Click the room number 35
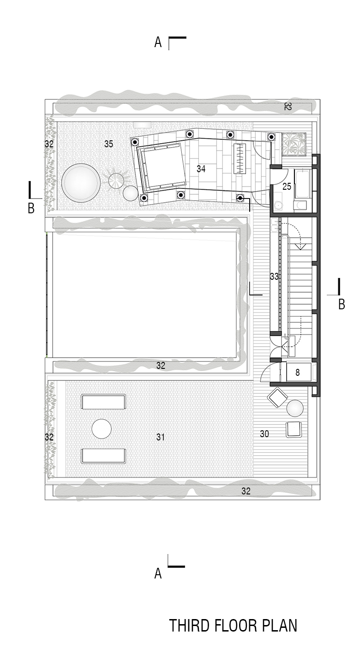[x=108, y=144]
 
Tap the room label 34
[x=201, y=169]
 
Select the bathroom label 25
[x=287, y=187]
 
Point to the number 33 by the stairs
[x=274, y=277]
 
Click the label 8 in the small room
[x=297, y=372]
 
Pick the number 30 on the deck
[x=264, y=434]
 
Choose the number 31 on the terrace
[x=161, y=437]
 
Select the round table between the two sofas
[x=102, y=429]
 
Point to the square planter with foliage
[x=294, y=144]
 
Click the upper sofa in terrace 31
[x=103, y=402]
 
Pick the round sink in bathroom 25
[x=278, y=205]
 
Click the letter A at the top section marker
[x=158, y=42]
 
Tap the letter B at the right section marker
[x=342, y=304]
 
